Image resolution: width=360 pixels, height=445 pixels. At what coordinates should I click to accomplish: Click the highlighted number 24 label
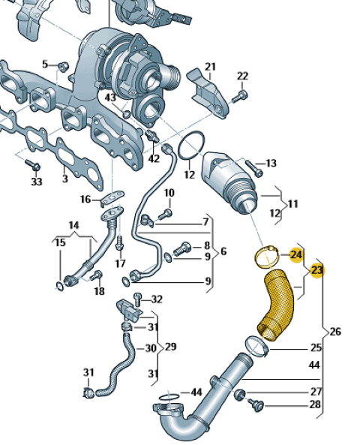tap(296, 255)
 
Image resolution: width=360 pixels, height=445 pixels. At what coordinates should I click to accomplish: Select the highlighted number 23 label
tap(317, 270)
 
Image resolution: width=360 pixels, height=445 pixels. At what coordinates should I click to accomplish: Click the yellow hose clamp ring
tap(265, 257)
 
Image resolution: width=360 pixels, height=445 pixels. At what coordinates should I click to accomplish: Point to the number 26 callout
tap(334, 332)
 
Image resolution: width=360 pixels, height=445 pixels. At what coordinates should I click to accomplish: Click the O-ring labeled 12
tap(191, 146)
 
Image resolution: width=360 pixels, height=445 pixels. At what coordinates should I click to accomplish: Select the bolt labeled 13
tap(254, 168)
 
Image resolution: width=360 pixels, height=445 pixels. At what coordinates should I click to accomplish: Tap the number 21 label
tap(210, 67)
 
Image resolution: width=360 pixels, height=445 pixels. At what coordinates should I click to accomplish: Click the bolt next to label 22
tap(240, 97)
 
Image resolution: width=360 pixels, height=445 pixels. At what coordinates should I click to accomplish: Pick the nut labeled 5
tap(63, 66)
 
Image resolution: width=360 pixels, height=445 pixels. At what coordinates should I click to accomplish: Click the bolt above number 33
tap(33, 165)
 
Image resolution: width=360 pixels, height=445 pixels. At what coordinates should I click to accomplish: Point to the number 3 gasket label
tap(65, 179)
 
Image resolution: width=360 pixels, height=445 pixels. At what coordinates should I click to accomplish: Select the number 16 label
tap(85, 199)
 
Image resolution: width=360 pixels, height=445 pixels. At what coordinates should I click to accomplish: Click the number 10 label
tap(169, 193)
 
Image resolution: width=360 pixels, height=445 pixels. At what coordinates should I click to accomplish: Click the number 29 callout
tap(170, 347)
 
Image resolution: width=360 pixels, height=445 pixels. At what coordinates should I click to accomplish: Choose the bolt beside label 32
tap(137, 299)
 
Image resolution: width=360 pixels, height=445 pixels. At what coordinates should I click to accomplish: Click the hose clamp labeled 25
tap(256, 347)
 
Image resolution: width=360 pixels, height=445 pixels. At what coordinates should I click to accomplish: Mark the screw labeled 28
tap(256, 405)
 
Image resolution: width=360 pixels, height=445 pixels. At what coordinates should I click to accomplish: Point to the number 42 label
tap(154, 158)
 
